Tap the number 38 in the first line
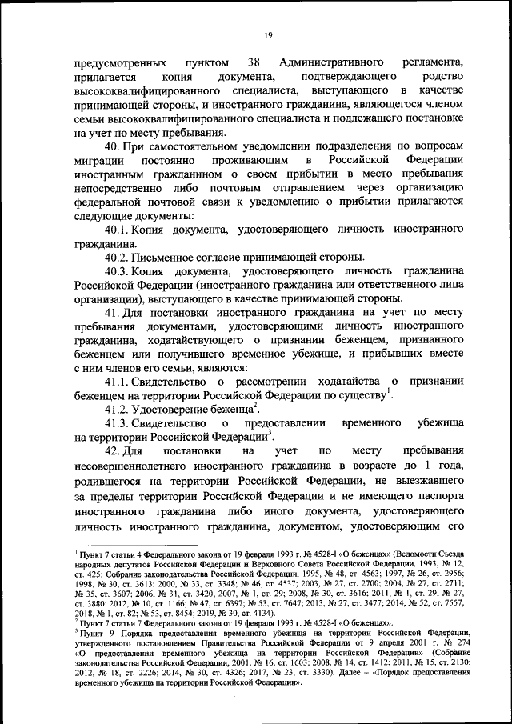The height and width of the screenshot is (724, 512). [x=254, y=62]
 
